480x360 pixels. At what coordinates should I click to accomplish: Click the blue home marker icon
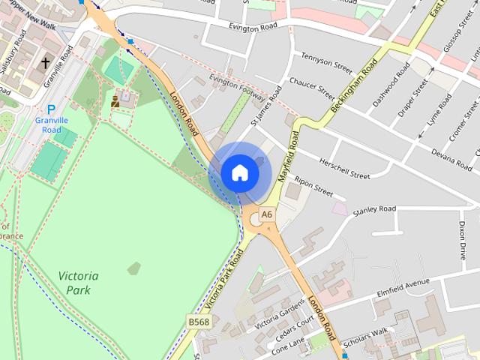pyautogui.click(x=240, y=172)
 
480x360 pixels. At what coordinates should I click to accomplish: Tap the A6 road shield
pyautogui.click(x=268, y=214)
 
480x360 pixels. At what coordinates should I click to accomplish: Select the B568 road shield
pyautogui.click(x=199, y=321)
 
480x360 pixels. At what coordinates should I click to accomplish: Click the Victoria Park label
pyautogui.click(x=77, y=283)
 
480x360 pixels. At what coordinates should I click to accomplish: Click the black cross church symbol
pyautogui.click(x=46, y=64)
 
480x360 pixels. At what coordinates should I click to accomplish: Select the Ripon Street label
pyautogui.click(x=313, y=187)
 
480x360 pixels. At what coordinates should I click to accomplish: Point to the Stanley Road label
pyautogui.click(x=374, y=209)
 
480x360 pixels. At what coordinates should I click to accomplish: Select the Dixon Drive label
pyautogui.click(x=463, y=240)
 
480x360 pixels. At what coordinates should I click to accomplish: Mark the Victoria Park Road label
pyautogui.click(x=224, y=283)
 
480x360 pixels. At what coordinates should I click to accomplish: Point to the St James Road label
pyautogui.click(x=265, y=105)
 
